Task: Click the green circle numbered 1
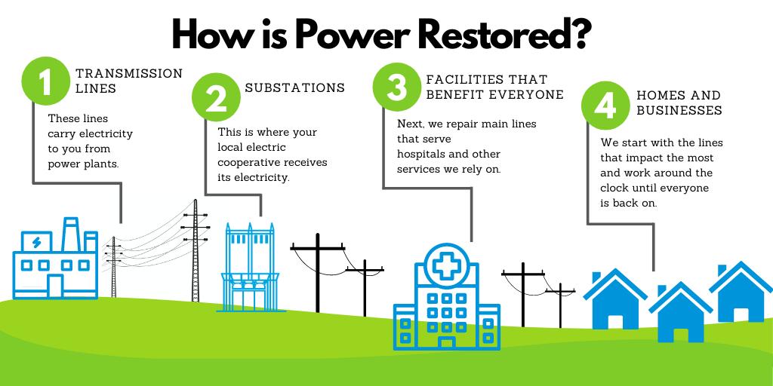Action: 46,81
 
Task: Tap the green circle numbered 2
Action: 216,97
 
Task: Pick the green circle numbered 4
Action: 605,106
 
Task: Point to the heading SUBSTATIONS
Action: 295,87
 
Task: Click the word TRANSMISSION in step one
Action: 129,73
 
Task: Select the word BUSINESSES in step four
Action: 679,110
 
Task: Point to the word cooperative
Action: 247,163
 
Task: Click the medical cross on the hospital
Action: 447,266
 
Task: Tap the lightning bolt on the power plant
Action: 36,242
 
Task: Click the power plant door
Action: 55,286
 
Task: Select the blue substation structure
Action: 250,268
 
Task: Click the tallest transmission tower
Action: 196,250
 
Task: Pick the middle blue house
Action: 680,312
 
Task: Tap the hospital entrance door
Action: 447,343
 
